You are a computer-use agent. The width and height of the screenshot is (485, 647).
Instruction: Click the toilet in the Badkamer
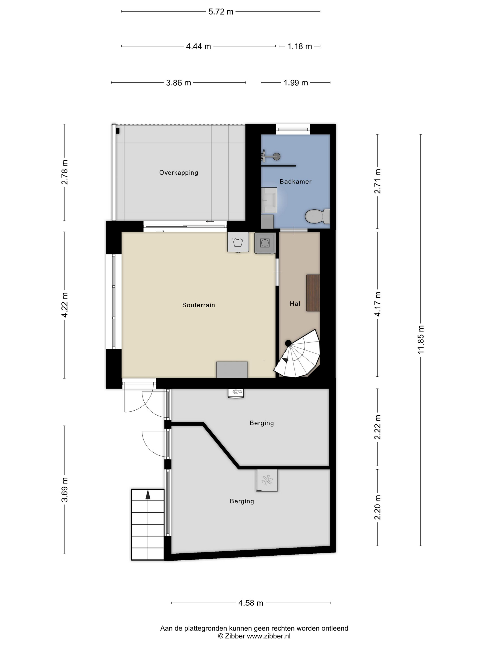point(318,217)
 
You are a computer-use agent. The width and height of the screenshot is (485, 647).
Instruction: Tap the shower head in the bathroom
point(276,157)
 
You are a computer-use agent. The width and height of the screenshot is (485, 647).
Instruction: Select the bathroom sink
point(269,200)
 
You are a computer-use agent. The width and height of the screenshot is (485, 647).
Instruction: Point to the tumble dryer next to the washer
point(265,243)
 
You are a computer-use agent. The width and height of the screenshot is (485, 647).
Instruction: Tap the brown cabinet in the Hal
point(313,293)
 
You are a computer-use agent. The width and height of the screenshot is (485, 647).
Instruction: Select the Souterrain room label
point(198,305)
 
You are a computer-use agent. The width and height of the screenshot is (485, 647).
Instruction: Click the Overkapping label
point(179,173)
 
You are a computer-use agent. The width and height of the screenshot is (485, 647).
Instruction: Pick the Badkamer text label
point(296,182)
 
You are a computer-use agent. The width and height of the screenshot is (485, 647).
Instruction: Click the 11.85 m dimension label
point(421,340)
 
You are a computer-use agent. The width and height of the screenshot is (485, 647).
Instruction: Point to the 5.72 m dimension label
point(221,12)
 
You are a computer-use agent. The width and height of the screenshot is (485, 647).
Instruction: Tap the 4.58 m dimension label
point(251,603)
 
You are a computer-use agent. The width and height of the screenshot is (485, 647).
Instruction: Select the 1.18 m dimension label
point(300,46)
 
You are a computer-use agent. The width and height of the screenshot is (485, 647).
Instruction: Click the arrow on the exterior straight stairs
point(148,495)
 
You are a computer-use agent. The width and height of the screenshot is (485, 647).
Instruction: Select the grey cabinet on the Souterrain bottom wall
point(232,370)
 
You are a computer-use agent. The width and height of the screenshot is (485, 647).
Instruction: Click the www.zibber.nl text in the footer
point(269,636)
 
